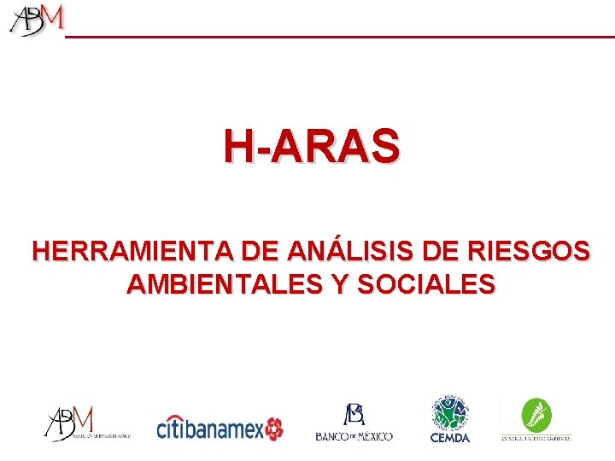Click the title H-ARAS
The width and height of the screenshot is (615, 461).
point(311,146)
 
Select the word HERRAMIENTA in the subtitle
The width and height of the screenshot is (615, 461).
point(133,252)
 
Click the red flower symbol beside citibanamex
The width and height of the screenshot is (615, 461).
point(274,429)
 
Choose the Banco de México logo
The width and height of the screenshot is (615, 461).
point(354,422)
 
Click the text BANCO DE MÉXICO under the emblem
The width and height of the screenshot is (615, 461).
point(354,436)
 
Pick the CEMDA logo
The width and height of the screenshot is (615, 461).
point(449,418)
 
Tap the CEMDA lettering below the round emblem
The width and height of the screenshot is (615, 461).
point(449,437)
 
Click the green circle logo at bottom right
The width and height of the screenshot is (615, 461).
point(536,412)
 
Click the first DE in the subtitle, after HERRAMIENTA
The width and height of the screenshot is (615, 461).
point(261,252)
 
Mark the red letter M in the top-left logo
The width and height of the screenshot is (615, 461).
point(53,16)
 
